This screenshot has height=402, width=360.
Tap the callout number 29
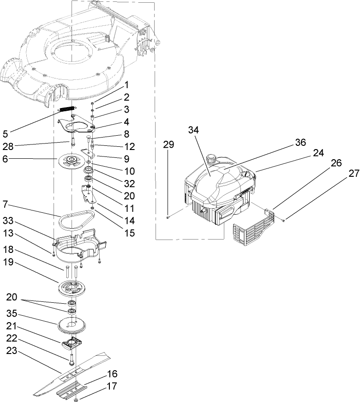pyautogui.click(x=169, y=144)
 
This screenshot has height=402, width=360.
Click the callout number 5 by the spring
pyautogui.click(x=6, y=134)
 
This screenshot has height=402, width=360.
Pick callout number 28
pyautogui.click(x=8, y=147)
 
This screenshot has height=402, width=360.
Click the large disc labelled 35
pyautogui.click(x=73, y=325)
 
